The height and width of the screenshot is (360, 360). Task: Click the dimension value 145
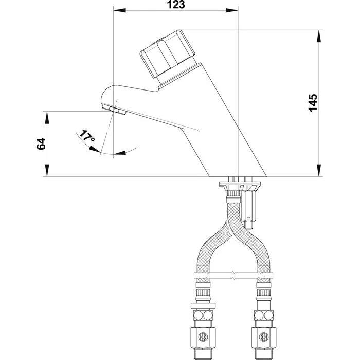(313, 103)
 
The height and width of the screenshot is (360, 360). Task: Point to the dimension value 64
(42, 144)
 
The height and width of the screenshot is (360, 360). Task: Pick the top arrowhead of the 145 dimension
(319, 33)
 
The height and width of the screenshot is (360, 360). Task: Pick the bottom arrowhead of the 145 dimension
(319, 173)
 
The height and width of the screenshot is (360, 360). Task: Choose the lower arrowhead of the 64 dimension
(47, 173)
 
